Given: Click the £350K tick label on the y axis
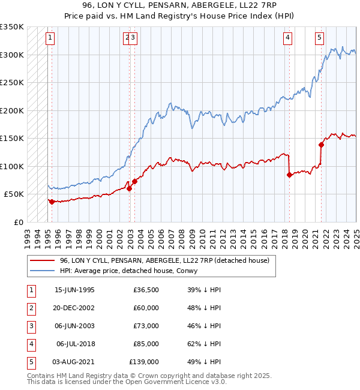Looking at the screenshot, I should tap(12, 27).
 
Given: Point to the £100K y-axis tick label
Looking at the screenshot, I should tap(12, 166).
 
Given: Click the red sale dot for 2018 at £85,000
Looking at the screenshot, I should tap(289, 175).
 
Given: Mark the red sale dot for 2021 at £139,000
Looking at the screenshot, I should tap(321, 145).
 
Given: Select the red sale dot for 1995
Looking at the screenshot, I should tap(52, 202).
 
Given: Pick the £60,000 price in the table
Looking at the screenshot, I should tap(146, 308).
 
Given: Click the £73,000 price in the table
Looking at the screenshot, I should tap(146, 326).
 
